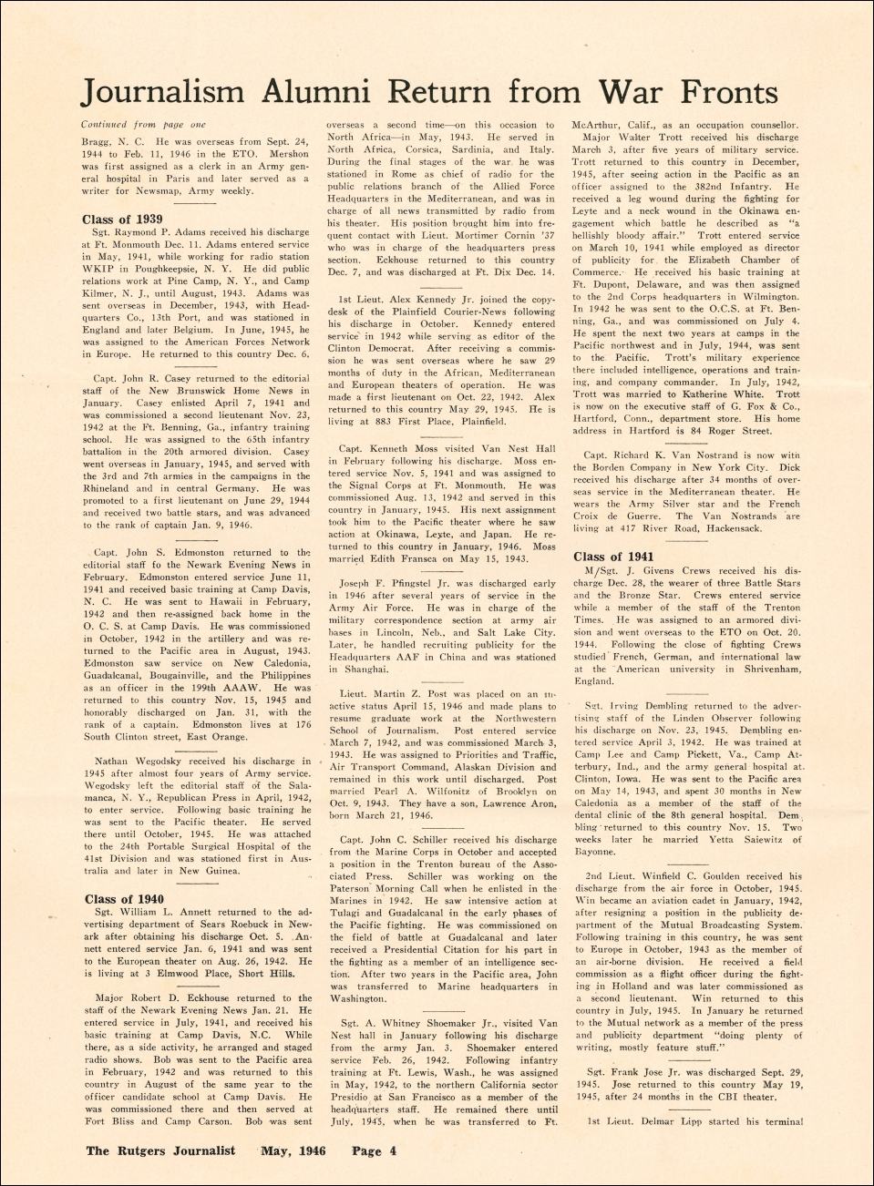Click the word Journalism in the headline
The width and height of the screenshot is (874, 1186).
[162, 93]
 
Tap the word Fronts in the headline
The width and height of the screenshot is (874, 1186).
[730, 93]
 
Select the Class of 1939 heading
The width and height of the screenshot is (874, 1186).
[122, 220]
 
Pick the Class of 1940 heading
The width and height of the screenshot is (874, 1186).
[122, 899]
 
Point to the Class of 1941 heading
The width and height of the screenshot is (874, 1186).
[613, 557]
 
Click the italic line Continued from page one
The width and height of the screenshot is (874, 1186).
[143, 125]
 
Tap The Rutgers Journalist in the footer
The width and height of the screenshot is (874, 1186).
[160, 1150]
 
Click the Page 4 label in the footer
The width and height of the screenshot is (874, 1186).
[375, 1150]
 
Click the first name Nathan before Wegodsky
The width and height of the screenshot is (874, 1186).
[112, 761]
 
